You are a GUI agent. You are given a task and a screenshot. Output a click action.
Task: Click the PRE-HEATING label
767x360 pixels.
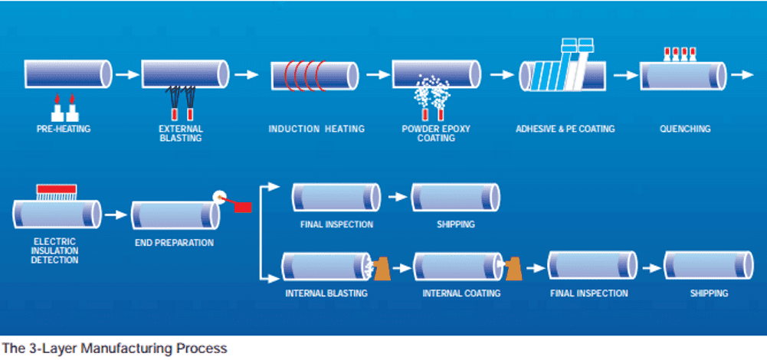click(x=64, y=129)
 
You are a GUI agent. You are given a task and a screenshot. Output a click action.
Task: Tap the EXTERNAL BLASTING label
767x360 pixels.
click(x=181, y=133)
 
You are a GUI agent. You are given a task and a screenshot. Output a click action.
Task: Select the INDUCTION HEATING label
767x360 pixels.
click(x=316, y=129)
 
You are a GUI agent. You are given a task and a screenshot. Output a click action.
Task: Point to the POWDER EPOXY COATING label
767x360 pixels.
click(x=436, y=133)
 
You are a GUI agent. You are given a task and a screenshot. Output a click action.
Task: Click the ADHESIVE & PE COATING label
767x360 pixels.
click(x=565, y=129)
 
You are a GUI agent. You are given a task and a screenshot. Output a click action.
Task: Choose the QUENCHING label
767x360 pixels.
click(x=685, y=129)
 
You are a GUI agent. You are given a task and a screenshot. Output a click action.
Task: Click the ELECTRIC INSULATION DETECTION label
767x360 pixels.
click(x=54, y=251)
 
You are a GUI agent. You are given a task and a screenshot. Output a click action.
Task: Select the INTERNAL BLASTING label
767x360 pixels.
click(x=326, y=293)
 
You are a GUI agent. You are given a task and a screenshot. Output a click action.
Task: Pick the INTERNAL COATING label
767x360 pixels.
click(x=461, y=293)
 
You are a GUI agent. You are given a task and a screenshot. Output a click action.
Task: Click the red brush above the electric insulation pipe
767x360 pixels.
click(x=56, y=188)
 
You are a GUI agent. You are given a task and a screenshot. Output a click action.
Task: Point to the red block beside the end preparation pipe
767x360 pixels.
click(x=243, y=207)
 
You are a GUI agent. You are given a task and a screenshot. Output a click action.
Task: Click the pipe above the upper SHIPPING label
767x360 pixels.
click(x=455, y=197)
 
